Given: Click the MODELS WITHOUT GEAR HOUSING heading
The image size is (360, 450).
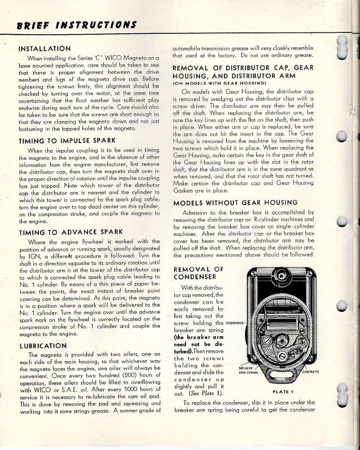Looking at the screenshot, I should [235, 202].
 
